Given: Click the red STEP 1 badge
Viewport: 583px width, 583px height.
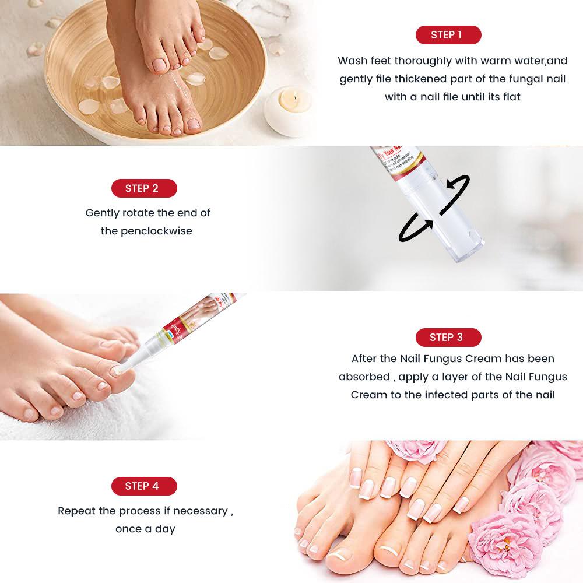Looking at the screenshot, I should (x=448, y=35).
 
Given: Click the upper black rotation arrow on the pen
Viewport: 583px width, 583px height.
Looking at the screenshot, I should (x=458, y=185).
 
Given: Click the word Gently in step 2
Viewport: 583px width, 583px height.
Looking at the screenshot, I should (x=103, y=213).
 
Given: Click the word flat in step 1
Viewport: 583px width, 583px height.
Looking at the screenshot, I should (x=510, y=97).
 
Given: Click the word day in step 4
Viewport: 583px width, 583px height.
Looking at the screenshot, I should (x=165, y=529).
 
